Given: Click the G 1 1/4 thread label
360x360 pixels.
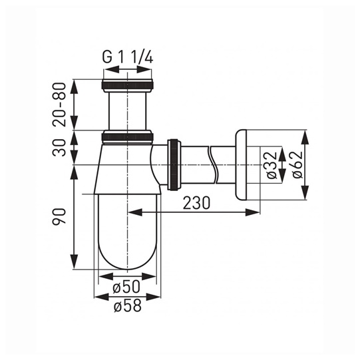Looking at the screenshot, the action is coord(127,57).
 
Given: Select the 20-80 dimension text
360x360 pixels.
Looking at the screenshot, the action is coord(59,104).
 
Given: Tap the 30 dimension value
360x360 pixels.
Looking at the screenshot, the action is coord(59,148).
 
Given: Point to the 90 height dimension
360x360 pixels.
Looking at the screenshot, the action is coord(59,216).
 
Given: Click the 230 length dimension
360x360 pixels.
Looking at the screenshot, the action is coord(196,203).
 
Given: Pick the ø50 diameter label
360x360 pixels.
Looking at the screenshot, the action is coord(126,287).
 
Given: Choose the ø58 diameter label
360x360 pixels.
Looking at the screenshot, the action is coord(128,305).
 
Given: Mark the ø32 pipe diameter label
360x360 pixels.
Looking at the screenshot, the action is coord(272,164).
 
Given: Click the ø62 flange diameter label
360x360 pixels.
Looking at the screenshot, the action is coord(297,164).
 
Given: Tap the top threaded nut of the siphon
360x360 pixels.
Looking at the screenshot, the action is coord(127,85).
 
